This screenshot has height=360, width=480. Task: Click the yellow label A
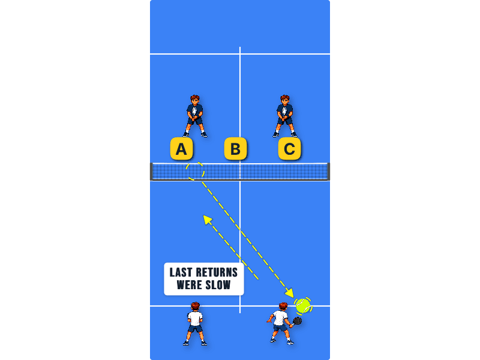coord(182,149)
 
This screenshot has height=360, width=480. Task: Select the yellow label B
coord(235,149)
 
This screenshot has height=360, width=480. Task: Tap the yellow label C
coord(289,149)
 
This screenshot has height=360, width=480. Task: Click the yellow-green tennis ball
coord(303,305)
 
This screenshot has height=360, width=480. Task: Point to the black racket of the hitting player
coord(296,322)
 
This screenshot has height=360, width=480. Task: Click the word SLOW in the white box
coord(218,285)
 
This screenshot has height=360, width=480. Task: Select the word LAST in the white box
coord(181,272)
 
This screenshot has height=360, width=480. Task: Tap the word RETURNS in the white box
coord(217,272)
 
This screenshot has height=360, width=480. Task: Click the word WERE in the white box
coord(189,285)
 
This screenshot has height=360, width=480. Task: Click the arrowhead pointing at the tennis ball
coord(290,293)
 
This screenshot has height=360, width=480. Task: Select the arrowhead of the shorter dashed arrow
coord(208,220)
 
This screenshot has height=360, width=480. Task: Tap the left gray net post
coord(151,172)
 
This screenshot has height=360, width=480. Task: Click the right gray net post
coord(328,172)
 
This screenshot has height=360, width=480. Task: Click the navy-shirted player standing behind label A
coord(194,116)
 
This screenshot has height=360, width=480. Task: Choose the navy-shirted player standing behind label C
coord(284,116)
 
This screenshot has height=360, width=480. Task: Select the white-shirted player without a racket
coord(194,323)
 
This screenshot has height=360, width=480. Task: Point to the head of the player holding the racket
coord(283,307)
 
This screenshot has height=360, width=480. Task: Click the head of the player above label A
coord(194,99)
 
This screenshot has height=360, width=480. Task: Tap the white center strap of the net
coord(240,172)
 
